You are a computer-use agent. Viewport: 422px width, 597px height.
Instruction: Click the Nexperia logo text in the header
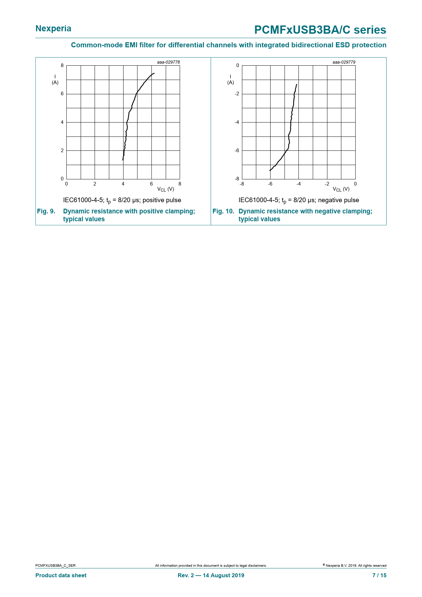pyautogui.click(x=53, y=29)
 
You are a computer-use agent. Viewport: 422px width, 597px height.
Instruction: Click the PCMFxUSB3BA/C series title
pyautogui.click(x=320, y=30)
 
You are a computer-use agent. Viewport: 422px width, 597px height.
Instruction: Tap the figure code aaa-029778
pyautogui.click(x=168, y=62)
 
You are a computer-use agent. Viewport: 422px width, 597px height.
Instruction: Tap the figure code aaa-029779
pyautogui.click(x=344, y=62)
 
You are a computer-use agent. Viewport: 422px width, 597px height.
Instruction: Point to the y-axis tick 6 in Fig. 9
pyautogui.click(x=62, y=94)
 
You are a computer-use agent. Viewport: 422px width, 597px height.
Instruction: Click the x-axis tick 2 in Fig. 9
pyautogui.click(x=95, y=184)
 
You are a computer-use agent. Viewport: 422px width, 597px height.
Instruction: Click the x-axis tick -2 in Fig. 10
pyautogui.click(x=327, y=184)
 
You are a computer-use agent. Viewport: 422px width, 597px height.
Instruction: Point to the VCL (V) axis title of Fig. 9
pyautogui.click(x=166, y=189)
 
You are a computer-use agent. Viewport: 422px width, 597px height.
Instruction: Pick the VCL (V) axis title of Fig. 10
pyautogui.click(x=341, y=189)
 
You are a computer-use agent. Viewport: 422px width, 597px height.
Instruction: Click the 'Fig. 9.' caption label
pyautogui.click(x=46, y=211)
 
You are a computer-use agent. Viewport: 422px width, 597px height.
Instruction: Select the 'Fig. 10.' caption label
pyautogui.click(x=223, y=211)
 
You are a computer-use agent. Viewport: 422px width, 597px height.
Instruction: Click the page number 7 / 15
pyautogui.click(x=379, y=576)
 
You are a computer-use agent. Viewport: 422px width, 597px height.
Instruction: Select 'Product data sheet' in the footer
pyautogui.click(x=61, y=576)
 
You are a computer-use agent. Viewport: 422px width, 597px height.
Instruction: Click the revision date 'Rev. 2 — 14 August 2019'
pyautogui.click(x=211, y=576)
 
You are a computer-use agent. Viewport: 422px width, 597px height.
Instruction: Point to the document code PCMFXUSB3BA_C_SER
pyautogui.click(x=55, y=566)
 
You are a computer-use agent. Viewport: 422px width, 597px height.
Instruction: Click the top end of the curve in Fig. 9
pyautogui.click(x=154, y=73)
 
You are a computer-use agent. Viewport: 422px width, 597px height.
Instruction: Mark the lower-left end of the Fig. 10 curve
pyautogui.click(x=270, y=171)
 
